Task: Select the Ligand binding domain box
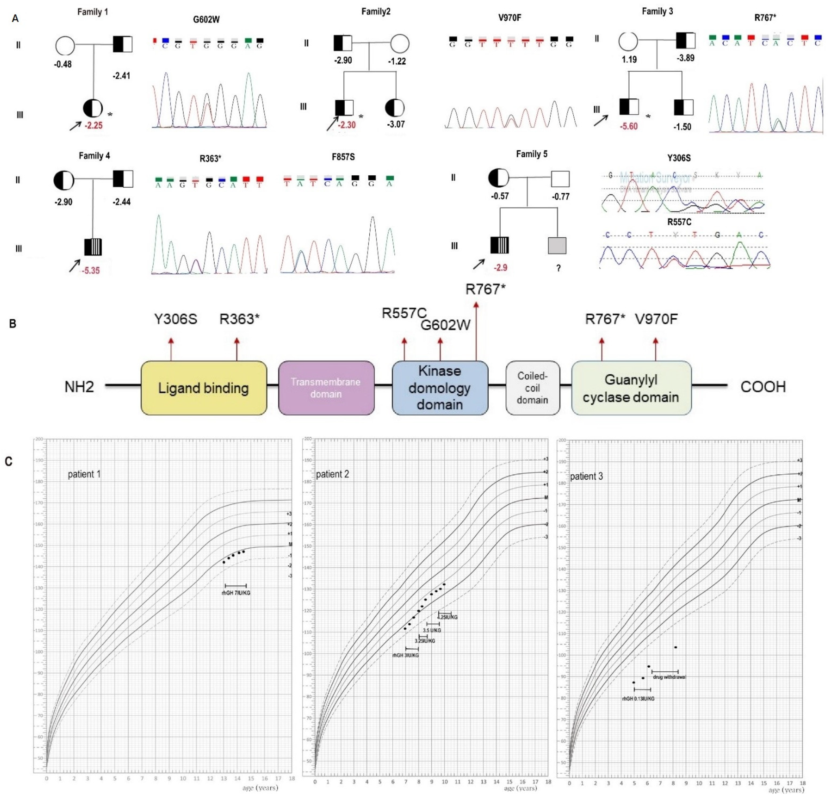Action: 203,388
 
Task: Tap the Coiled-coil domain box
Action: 533,388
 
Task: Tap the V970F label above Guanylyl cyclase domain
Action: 656,319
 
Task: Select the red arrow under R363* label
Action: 237,349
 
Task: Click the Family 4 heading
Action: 94,155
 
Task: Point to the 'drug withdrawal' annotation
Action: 669,677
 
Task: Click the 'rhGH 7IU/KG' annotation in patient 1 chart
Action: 236,593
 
